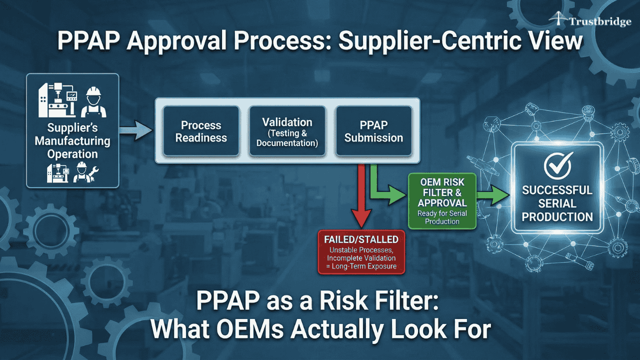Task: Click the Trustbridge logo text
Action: click(599, 22)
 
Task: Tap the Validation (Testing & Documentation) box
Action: click(287, 131)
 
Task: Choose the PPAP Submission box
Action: click(373, 131)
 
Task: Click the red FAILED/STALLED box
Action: click(361, 252)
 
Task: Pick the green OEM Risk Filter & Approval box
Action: click(442, 200)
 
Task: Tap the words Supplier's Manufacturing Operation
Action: click(72, 140)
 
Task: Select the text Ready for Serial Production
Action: click(442, 217)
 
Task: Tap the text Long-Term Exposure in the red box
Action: click(368, 266)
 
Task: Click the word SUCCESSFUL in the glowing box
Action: click(557, 190)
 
